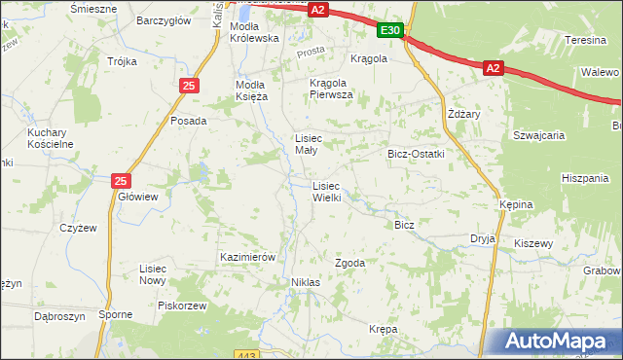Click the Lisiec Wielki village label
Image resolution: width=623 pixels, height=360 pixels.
pyautogui.click(x=326, y=191)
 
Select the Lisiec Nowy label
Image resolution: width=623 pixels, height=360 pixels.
pyautogui.click(x=154, y=273)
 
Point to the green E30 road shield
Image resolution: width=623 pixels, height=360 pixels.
pyautogui.click(x=390, y=31)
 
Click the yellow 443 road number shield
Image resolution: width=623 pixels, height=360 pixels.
pyautogui.click(x=247, y=354)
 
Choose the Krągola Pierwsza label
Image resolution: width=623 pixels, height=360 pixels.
pyautogui.click(x=331, y=89)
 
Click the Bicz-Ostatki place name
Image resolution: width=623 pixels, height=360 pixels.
pyautogui.click(x=416, y=155)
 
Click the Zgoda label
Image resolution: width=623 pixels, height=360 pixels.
pyautogui.click(x=350, y=264)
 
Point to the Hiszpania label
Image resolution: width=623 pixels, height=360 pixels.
pyautogui.click(x=585, y=178)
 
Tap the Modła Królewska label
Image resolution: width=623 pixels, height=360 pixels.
pyautogui.click(x=254, y=32)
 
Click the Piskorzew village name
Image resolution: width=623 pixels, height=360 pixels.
pyautogui.click(x=183, y=305)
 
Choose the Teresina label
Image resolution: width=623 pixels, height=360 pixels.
pyautogui.click(x=586, y=41)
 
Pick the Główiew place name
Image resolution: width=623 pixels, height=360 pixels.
pyautogui.click(x=137, y=196)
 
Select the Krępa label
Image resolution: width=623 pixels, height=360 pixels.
pyautogui.click(x=383, y=330)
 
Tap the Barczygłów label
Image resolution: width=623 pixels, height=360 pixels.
pyautogui.click(x=162, y=20)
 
